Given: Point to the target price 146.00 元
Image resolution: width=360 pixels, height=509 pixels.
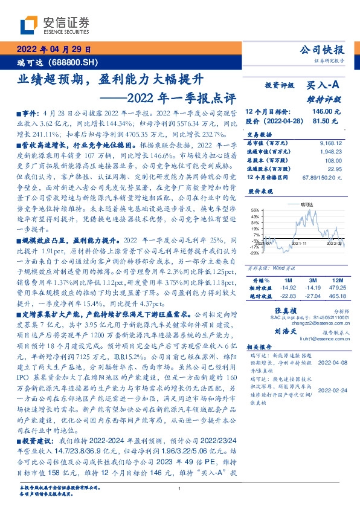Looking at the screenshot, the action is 326,112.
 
